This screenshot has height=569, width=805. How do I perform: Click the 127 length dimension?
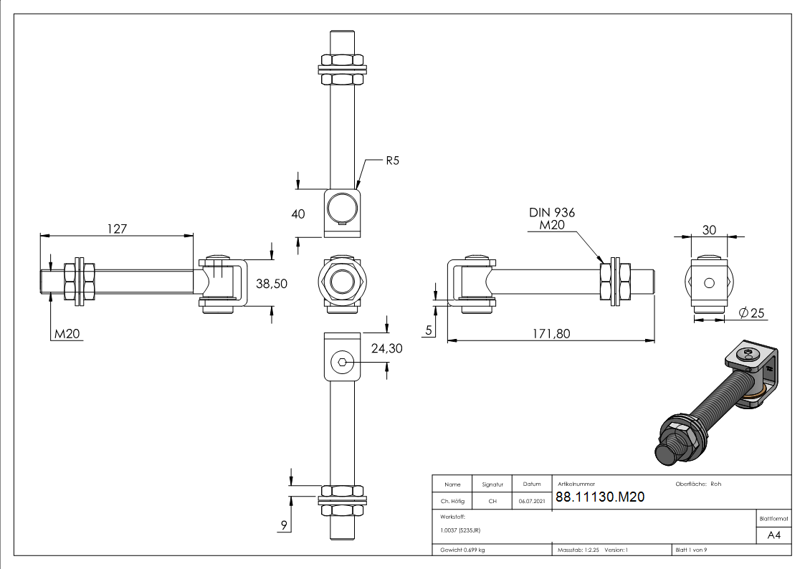[x=117, y=229]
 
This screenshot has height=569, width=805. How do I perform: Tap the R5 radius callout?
[x=391, y=161]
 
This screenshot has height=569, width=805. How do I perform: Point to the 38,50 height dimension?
[x=272, y=284]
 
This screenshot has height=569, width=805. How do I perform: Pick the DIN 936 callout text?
[x=552, y=213]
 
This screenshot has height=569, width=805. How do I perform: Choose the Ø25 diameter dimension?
[x=751, y=312]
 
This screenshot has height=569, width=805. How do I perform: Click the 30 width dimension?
[x=709, y=229]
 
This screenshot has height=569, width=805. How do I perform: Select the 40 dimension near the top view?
[x=297, y=214]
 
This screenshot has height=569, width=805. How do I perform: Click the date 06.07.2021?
[x=531, y=502]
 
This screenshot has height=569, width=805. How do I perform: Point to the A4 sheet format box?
[x=774, y=535]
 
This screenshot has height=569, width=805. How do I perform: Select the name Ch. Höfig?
[x=452, y=502]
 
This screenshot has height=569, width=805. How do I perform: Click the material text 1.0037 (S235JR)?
[x=460, y=530]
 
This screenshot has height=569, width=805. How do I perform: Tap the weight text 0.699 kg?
[x=462, y=550]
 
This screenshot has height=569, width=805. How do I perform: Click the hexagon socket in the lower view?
[x=343, y=362]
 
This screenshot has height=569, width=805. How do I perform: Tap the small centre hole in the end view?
[x=709, y=282]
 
